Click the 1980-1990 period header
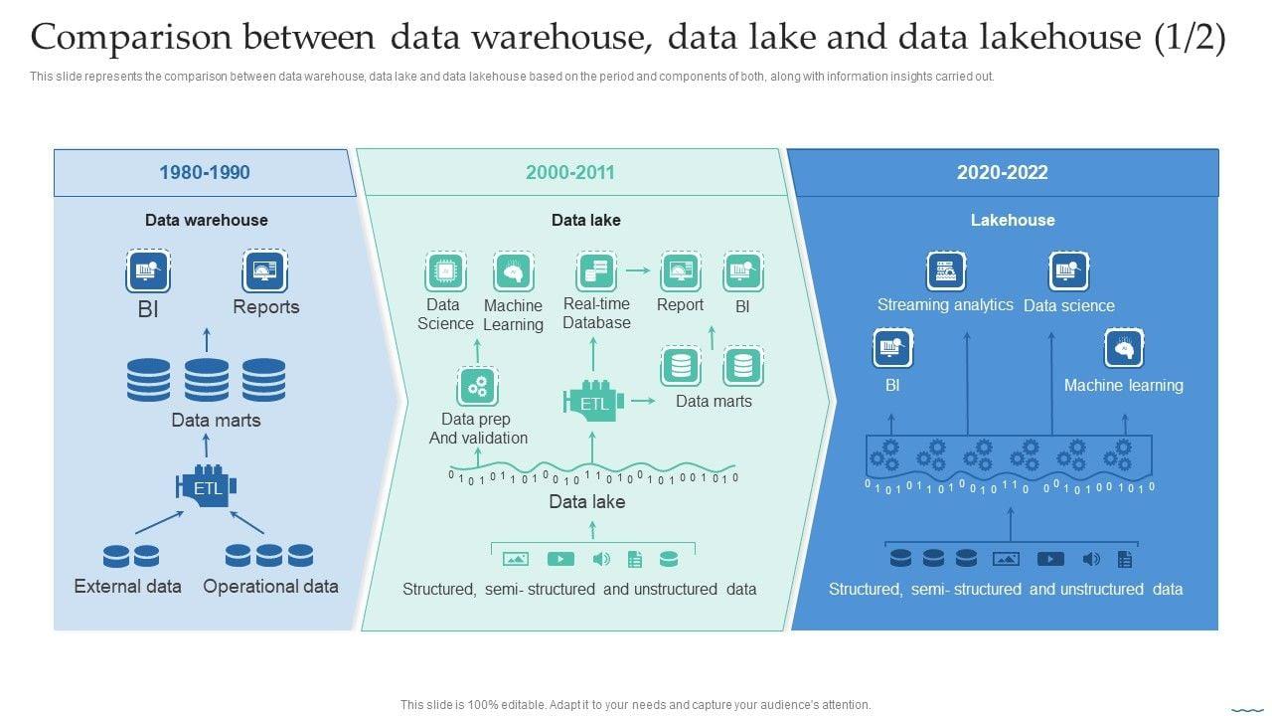[205, 172]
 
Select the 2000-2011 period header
[570, 172]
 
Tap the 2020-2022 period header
[1003, 172]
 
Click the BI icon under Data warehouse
[148, 271]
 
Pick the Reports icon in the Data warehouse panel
[264, 271]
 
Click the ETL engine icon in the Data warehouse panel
[206, 486]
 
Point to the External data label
[128, 587]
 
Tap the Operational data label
[271, 587]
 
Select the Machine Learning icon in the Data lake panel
[514, 272]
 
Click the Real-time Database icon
[595, 271]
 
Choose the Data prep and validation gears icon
[478, 387]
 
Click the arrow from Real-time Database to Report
[638, 270]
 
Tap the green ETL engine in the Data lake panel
[593, 401]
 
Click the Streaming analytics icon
[945, 271]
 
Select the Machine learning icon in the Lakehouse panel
[1124, 348]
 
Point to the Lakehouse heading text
[1013, 220]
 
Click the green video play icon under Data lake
[560, 559]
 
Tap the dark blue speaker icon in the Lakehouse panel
[1091, 559]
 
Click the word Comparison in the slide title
[131, 39]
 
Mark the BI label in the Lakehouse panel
[892, 385]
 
